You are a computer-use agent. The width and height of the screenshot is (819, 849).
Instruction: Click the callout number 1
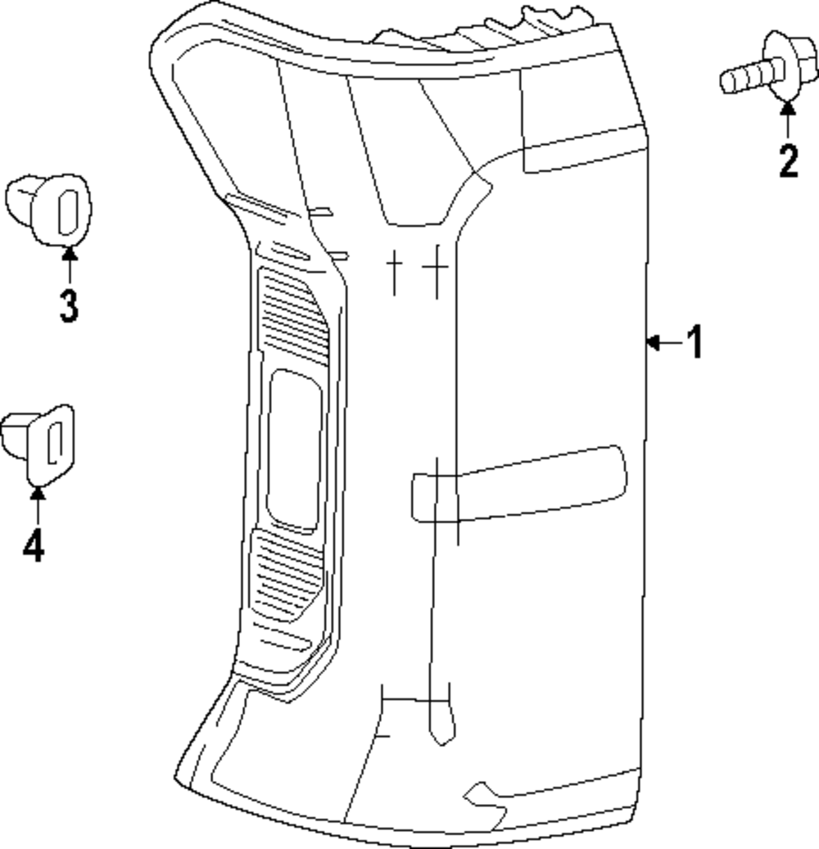pos(695,342)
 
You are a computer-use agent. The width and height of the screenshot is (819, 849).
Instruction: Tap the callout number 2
pos(788,161)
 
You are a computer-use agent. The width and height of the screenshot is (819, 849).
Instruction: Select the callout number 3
pos(69,305)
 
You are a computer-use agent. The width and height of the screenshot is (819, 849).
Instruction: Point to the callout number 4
pos(34,544)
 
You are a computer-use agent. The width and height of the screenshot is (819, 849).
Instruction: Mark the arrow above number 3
pos(69,264)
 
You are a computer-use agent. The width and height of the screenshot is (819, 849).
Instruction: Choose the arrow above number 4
pos(37,504)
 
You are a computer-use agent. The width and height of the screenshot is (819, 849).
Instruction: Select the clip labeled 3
pos(51,210)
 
